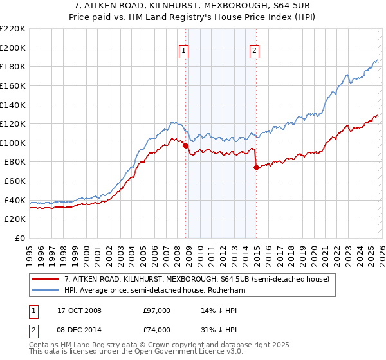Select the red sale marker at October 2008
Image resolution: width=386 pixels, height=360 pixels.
pos(186,146)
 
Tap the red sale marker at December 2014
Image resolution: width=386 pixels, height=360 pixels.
pos(256,168)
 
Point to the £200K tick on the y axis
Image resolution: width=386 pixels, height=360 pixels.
pos(13,48)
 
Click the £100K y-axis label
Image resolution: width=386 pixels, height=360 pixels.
pos(13,143)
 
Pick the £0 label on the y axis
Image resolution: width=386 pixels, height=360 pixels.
pos(19,239)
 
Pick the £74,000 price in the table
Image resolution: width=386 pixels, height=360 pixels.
pos(156,330)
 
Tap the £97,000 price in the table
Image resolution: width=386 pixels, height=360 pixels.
pos(156,310)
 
